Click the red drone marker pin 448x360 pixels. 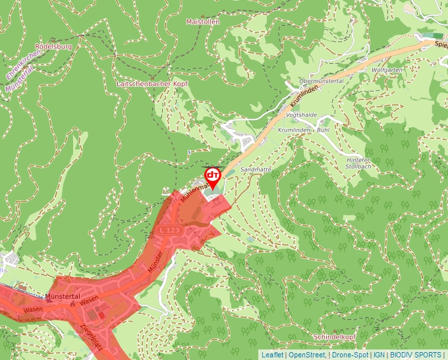click(212, 176)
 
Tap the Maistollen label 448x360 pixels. click(202, 22)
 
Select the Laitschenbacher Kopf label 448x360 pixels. click(152, 84)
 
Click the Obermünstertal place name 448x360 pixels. click(322, 80)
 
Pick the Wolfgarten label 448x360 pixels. click(387, 70)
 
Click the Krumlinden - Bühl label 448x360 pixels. click(304, 130)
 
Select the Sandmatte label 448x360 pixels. click(256, 169)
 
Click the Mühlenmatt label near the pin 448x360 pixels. click(196, 186)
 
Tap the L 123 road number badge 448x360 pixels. click(169, 230)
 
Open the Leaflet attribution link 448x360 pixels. click(273, 355)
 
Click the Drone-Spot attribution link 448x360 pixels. click(350, 355)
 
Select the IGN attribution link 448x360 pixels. click(379, 355)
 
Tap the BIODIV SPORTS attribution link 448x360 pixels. click(416, 355)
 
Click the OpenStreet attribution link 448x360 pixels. click(307, 355)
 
